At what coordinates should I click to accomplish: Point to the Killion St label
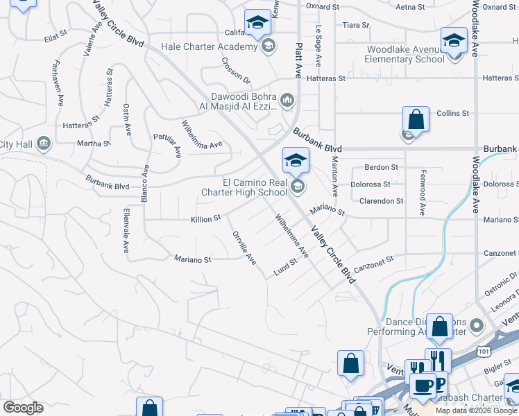click(205, 218)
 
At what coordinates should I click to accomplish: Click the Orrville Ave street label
click(244, 247)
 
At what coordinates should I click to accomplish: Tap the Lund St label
click(285, 266)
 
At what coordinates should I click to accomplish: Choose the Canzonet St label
click(373, 263)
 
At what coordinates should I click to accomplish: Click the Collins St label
click(452, 113)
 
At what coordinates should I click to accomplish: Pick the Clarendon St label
click(381, 201)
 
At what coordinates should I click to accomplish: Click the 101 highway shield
click(484, 352)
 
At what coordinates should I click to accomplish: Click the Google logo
click(24, 408)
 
